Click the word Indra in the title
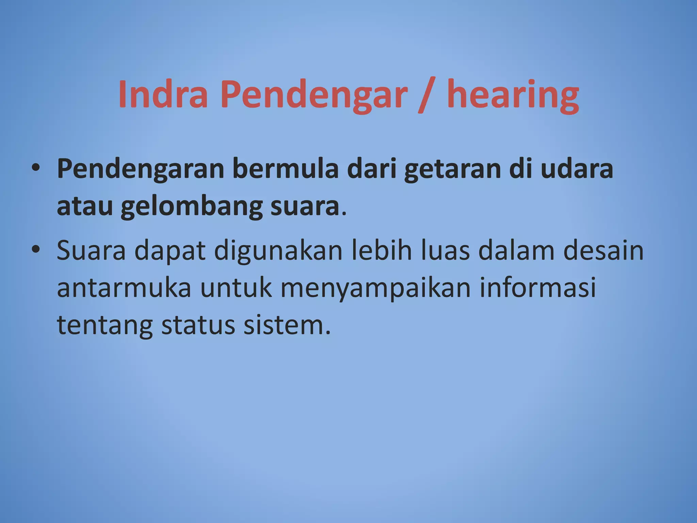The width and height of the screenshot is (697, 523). tap(163, 94)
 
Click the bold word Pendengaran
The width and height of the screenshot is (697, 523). tap(140, 170)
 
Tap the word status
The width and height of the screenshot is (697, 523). tap(198, 325)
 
